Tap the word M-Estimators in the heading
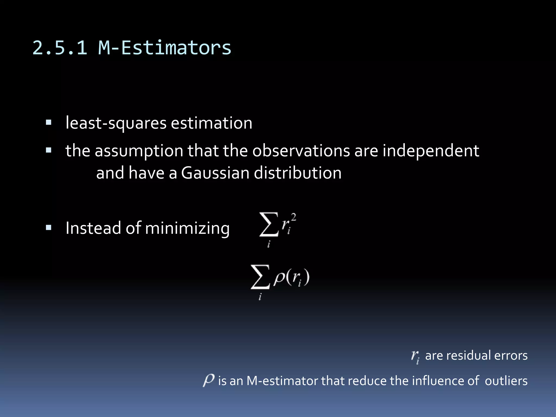coord(165,48)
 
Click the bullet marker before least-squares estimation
coord(49,122)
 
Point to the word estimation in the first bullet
coord(211,123)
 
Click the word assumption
coord(139,151)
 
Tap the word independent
coord(431,151)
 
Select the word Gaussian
coord(215,173)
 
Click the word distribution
coord(298,173)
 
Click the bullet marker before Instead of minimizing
coord(49,228)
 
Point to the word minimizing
coord(187,228)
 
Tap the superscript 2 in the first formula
coord(293,217)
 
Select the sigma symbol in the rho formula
coord(260,277)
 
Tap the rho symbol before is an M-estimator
coord(209,380)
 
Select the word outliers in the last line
coord(506,381)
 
